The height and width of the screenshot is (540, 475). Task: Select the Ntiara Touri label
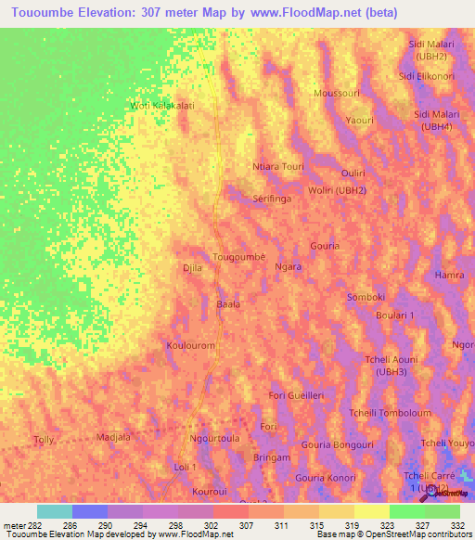(278, 167)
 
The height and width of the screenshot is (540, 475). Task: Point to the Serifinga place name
(273, 199)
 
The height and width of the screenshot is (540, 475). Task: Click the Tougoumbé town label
(239, 256)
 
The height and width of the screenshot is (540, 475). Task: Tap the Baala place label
(228, 303)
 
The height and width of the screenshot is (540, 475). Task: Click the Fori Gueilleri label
(296, 395)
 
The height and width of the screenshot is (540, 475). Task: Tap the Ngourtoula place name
(214, 438)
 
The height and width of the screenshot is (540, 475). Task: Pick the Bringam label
(272, 458)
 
